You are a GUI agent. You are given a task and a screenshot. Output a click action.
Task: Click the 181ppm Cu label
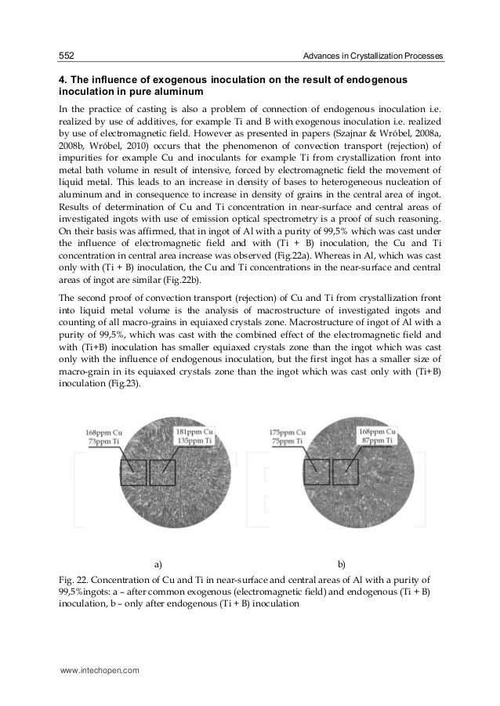point(194,432)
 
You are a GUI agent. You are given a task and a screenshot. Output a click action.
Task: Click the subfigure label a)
point(158,563)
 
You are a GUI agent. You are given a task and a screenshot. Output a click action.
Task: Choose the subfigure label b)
point(342,563)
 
